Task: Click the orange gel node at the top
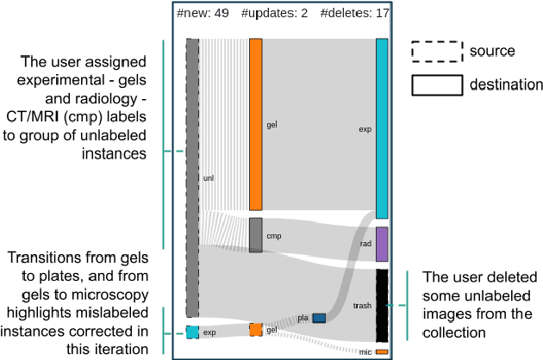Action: pyautogui.click(x=255, y=124)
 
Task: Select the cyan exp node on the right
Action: pyautogui.click(x=382, y=128)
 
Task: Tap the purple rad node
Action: pyautogui.click(x=382, y=244)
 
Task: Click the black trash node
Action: pyautogui.click(x=382, y=305)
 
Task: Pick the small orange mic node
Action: pyautogui.click(x=382, y=351)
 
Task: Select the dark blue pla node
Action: pyautogui.click(x=319, y=318)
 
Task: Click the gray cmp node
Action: pyautogui.click(x=255, y=234)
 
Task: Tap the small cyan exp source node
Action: pyautogui.click(x=192, y=332)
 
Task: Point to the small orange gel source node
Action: pyautogui.click(x=255, y=329)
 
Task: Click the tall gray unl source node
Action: pyautogui.click(x=192, y=177)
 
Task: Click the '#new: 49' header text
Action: pyautogui.click(x=203, y=14)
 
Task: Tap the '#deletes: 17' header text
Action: pyautogui.click(x=353, y=14)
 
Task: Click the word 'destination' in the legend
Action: pyautogui.click(x=506, y=84)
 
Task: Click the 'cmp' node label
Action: pyautogui.click(x=275, y=235)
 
